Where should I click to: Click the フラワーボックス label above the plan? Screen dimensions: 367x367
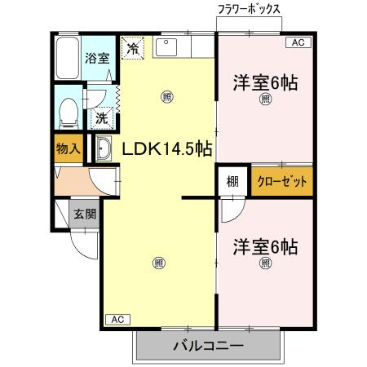[249, 9]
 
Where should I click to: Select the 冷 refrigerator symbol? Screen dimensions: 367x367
[133, 47]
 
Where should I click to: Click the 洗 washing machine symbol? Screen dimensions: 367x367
[101, 118]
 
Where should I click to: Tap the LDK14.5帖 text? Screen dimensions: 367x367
[167, 148]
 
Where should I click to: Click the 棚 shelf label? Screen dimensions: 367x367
[232, 181]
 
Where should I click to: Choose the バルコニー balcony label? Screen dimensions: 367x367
[208, 347]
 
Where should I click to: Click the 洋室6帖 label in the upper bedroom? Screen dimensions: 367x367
[265, 82]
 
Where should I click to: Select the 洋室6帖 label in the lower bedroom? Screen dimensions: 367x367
[265, 246]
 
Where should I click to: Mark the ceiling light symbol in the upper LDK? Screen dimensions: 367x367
[166, 96]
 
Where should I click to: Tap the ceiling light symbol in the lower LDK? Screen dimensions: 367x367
[158, 263]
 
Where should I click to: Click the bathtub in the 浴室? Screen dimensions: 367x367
[68, 58]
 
